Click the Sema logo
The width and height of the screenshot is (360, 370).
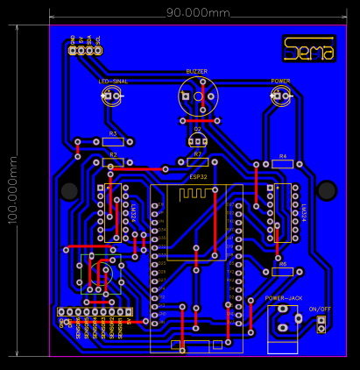coord(309,49)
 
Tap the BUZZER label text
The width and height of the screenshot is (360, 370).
coord(197,71)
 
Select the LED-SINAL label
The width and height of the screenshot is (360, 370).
coord(113,81)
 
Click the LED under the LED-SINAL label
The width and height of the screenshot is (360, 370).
coord(111,96)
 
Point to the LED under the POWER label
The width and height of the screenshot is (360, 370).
coord(280,96)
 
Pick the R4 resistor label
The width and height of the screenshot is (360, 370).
coord(282,156)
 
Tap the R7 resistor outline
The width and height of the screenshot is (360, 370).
coord(198,161)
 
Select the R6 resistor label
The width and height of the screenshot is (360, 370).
coord(282,263)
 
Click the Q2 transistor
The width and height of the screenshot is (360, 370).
coord(198,139)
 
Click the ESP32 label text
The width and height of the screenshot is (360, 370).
coord(198,176)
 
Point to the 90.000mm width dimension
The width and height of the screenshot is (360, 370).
coord(198,13)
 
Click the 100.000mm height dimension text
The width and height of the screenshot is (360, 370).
coord(12,189)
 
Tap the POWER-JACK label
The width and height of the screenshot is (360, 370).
coord(284,298)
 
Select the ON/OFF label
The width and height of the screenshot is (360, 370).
coord(321,309)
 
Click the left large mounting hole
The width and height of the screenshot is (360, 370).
coord(68,190)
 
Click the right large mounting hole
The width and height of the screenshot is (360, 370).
coord(327,190)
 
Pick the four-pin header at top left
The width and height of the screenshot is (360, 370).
coord(85,50)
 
